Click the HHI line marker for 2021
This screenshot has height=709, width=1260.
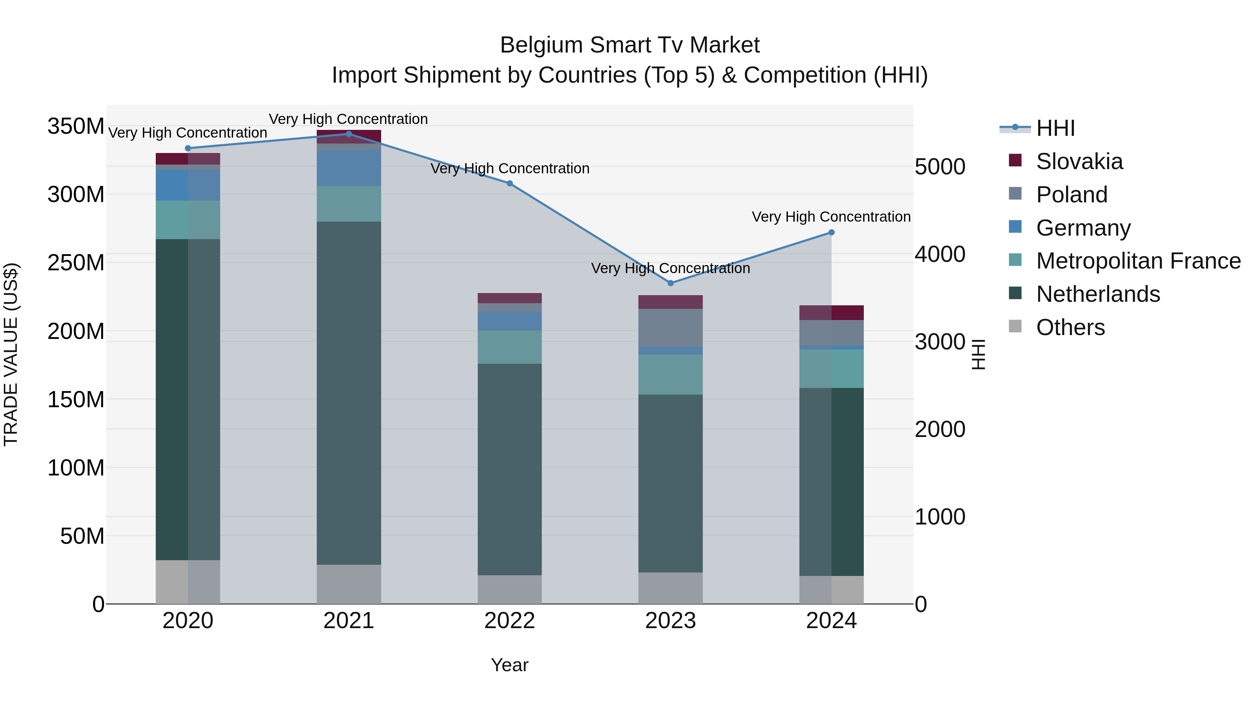(349, 134)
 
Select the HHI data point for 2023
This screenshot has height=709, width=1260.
(671, 283)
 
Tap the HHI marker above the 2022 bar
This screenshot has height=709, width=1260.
(510, 183)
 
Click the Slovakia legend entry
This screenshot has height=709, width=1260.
(1079, 161)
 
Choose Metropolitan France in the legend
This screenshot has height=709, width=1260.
(1138, 261)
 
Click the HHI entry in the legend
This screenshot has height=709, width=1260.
(1055, 128)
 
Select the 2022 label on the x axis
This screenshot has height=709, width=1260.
(510, 621)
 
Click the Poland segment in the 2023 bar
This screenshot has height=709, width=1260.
(671, 328)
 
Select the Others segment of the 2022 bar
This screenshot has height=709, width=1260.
(510, 589)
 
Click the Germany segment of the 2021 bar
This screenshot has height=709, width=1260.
(349, 168)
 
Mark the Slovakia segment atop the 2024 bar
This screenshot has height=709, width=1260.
(832, 313)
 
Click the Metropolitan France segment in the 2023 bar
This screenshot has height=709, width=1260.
(671, 374)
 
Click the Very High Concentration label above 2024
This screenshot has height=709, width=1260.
(831, 217)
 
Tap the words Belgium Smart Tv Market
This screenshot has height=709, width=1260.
(630, 45)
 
